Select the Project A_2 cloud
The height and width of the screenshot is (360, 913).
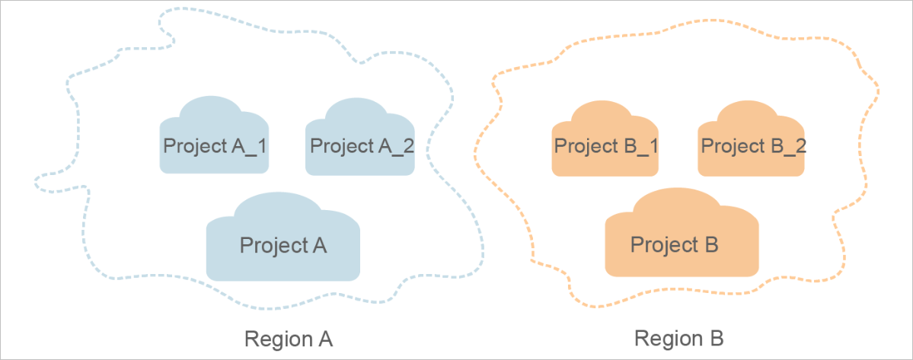click(360, 141)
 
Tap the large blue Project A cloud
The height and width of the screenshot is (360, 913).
click(283, 241)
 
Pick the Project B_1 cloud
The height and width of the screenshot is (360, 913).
click(605, 141)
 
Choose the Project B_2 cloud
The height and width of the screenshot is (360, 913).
click(752, 141)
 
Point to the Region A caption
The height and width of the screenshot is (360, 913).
click(289, 338)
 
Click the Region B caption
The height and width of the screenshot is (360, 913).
click(679, 337)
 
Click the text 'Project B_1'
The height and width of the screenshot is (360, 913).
click(606, 145)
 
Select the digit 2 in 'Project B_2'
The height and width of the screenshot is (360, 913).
click(799, 145)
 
